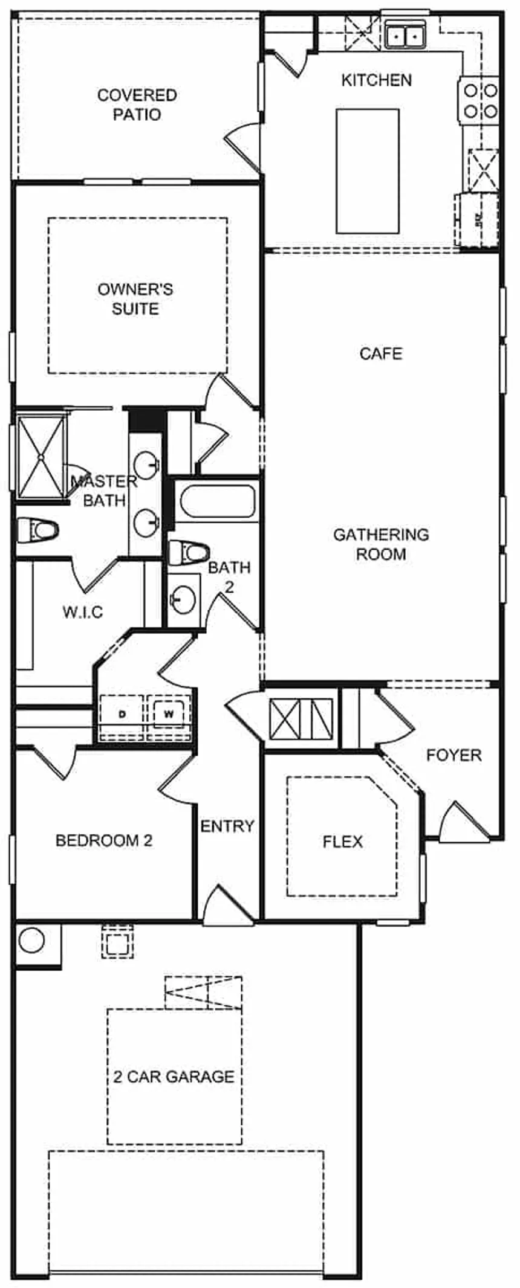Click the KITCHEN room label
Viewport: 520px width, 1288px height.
pyautogui.click(x=376, y=80)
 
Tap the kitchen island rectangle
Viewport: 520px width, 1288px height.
pyautogui.click(x=367, y=171)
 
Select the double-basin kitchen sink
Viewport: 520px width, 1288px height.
pyautogui.click(x=405, y=36)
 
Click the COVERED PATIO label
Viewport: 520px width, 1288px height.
pyautogui.click(x=137, y=105)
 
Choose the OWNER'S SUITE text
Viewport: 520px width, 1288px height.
pyautogui.click(x=135, y=298)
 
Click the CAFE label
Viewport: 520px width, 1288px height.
pyautogui.click(x=381, y=353)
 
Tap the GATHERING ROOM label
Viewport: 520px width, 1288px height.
pyautogui.click(x=381, y=544)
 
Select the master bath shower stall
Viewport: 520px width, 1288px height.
pyautogui.click(x=41, y=457)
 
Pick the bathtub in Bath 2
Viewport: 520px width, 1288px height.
pyautogui.click(x=217, y=501)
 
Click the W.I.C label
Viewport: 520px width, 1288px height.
pyautogui.click(x=83, y=612)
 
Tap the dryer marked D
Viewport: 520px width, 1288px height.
pyautogui.click(x=122, y=715)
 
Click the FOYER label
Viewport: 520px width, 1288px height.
pyautogui.click(x=453, y=755)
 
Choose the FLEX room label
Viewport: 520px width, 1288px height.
pyautogui.click(x=343, y=842)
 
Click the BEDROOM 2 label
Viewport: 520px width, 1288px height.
pyautogui.click(x=104, y=840)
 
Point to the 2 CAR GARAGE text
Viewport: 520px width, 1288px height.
pyautogui.click(x=174, y=1077)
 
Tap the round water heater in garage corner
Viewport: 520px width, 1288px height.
pyautogui.click(x=31, y=941)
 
